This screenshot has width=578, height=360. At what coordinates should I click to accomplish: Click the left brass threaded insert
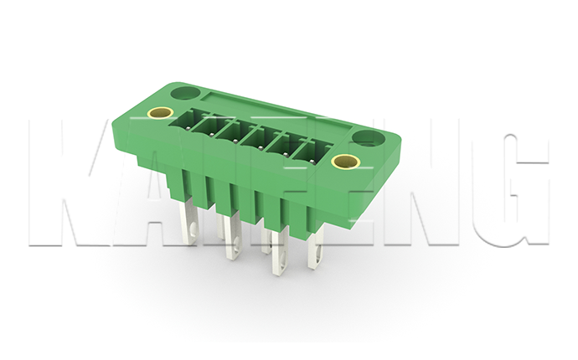160,113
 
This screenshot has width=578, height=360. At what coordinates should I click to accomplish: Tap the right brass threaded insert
344,161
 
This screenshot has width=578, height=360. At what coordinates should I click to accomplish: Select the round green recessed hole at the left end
184,92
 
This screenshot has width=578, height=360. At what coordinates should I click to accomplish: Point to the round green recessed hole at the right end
369,137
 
